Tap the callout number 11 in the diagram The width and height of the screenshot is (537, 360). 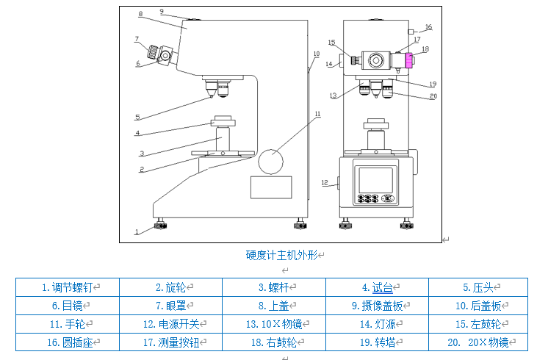(x=317, y=114)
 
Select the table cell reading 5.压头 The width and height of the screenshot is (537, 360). (x=477, y=287)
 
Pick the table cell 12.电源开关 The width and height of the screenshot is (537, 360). (x=170, y=324)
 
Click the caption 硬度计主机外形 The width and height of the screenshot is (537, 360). (x=282, y=255)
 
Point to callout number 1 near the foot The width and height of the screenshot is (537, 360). (x=137, y=231)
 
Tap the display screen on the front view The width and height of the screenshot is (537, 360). (x=375, y=180)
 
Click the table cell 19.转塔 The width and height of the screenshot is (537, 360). (x=376, y=342)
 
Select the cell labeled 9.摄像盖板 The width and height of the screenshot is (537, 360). (x=376, y=306)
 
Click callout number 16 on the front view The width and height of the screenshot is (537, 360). (x=428, y=27)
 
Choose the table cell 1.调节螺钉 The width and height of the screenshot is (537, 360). (x=68, y=287)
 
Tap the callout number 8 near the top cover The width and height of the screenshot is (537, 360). (x=140, y=14)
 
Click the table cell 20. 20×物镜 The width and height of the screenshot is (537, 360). (x=477, y=342)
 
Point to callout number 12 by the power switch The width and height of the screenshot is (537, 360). (x=324, y=182)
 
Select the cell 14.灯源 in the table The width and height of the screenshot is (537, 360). (x=376, y=324)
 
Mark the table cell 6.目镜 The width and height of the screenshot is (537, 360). (x=68, y=306)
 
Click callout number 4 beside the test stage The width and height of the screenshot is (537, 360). (x=137, y=133)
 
